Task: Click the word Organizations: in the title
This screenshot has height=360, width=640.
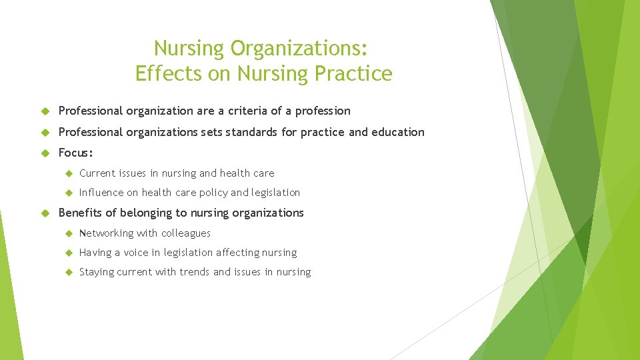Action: (x=299, y=49)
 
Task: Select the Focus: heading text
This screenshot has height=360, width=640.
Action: (x=76, y=153)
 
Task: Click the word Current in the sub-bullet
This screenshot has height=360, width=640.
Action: (x=98, y=173)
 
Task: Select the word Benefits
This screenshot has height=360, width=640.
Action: (x=80, y=213)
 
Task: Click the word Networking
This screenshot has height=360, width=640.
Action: (x=106, y=233)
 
